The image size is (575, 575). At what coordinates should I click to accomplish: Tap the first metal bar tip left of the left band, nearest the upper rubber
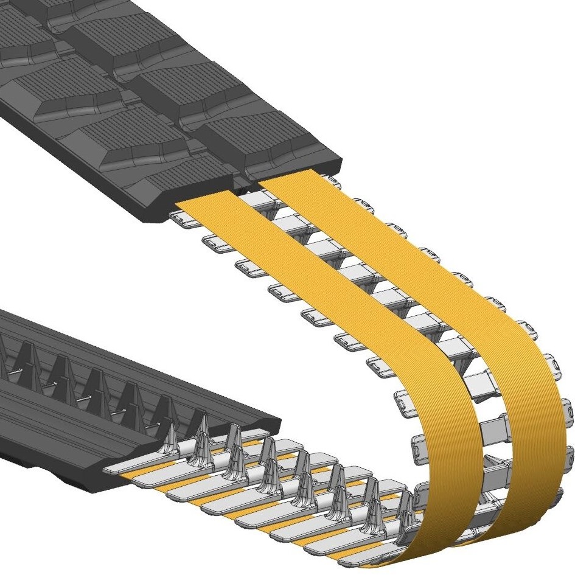point(180,217)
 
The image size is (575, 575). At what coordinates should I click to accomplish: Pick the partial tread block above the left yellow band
point(183,176)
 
